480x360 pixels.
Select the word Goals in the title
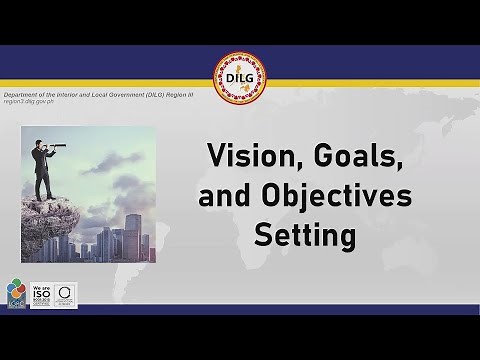click(320, 156)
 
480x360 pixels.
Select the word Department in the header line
click(21, 94)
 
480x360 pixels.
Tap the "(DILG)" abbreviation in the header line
click(156, 94)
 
